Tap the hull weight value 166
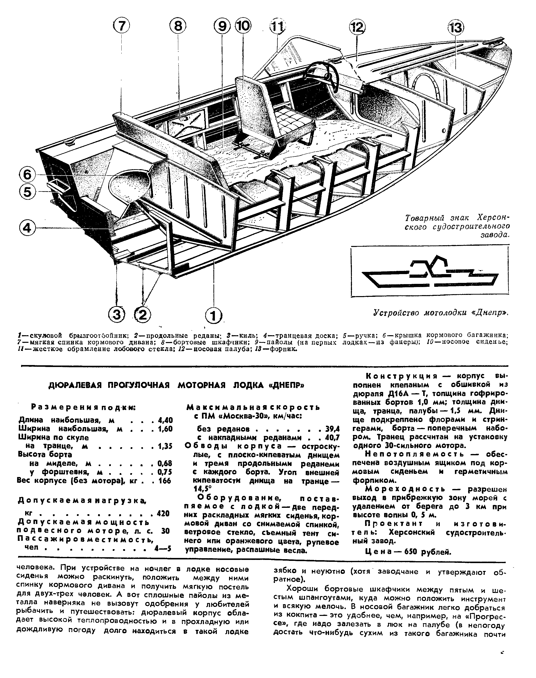coord(164,481)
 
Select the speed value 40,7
coord(333,438)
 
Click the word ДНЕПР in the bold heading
coord(284,386)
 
